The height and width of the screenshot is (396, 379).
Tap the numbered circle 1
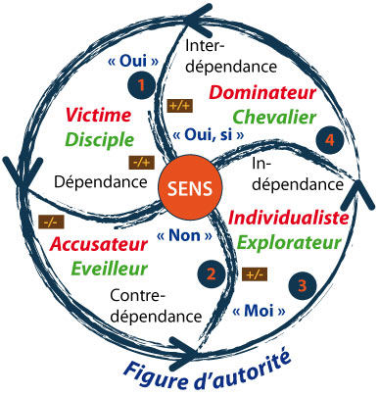(144, 86)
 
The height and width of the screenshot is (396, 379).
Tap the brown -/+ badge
(140, 163)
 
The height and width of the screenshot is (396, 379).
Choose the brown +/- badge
(255, 273)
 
